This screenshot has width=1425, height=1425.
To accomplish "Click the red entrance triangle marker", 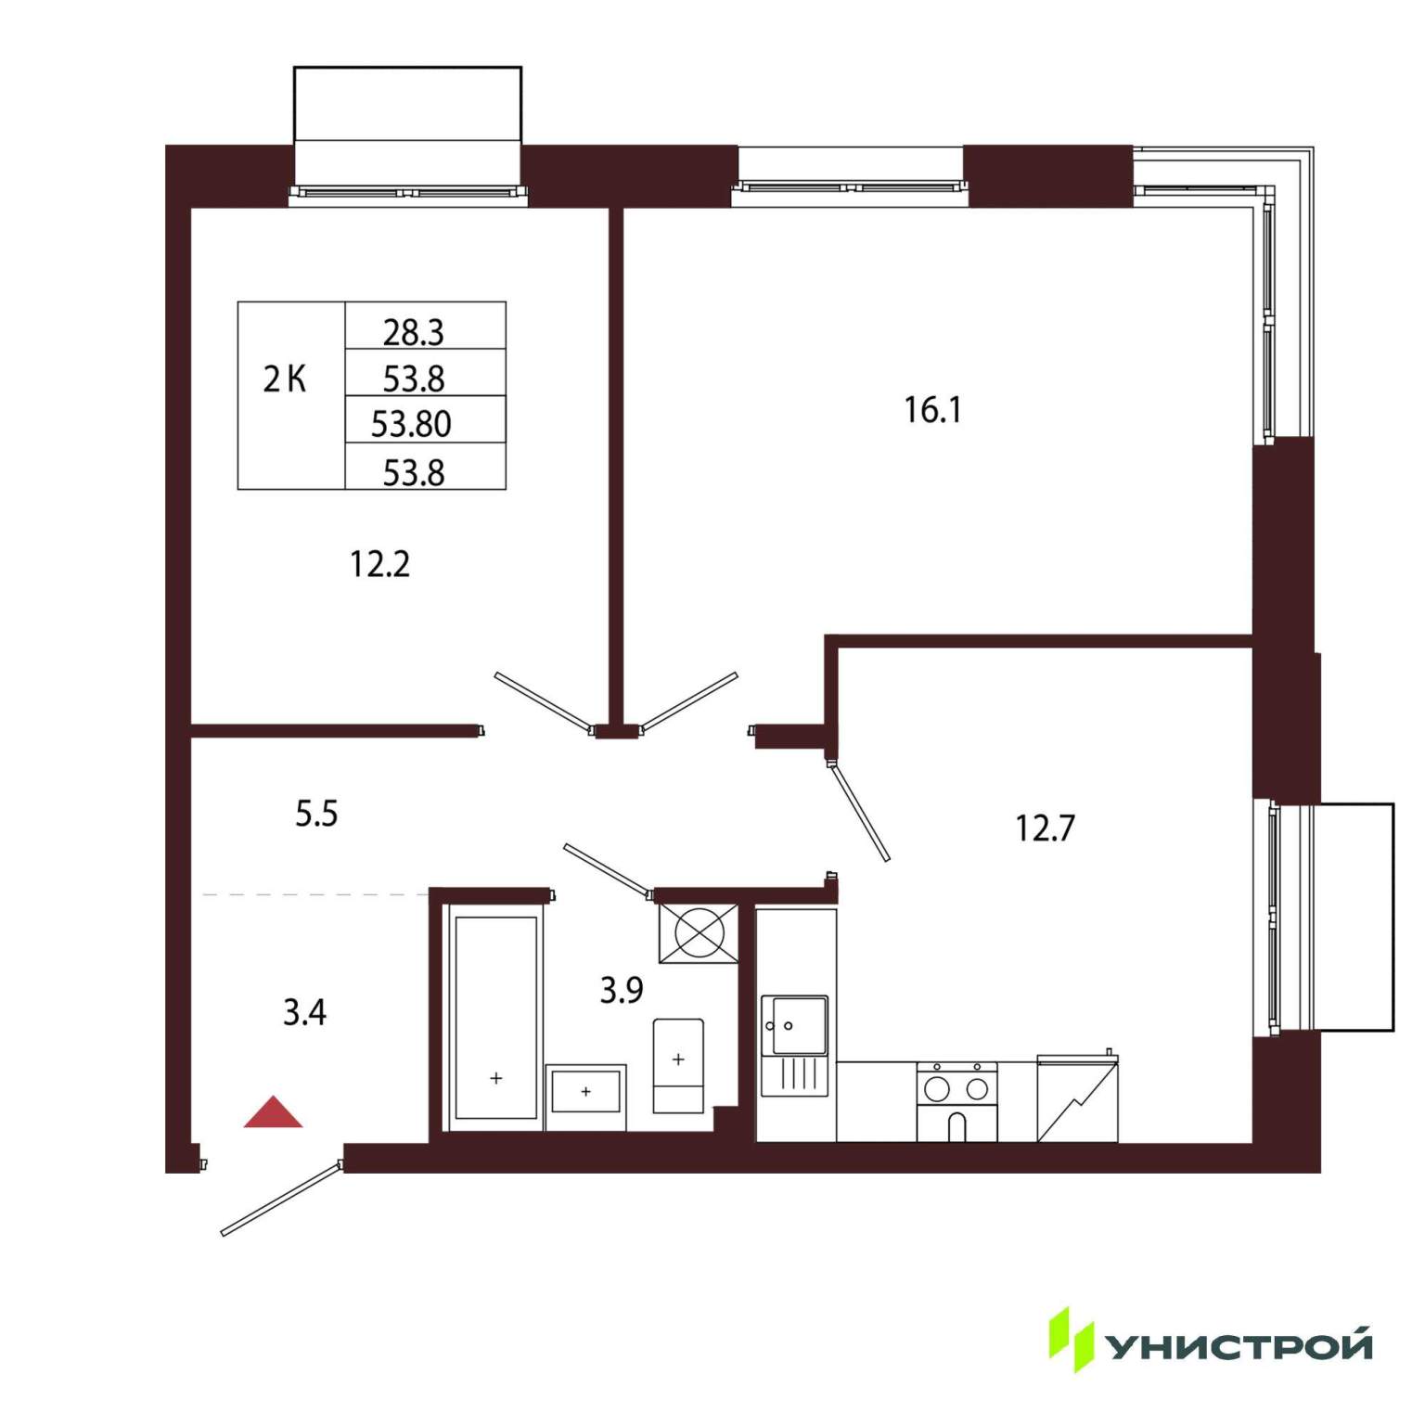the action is [273, 1112].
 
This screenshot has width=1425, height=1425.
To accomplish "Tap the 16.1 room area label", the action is [933, 409].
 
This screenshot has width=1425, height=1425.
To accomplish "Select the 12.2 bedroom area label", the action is [379, 564].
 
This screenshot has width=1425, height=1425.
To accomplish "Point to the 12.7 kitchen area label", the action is [1046, 828].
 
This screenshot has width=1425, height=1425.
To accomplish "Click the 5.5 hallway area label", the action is [316, 814].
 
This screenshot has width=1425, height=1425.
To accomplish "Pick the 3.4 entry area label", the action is [304, 1012].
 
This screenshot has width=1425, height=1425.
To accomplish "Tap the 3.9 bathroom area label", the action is [622, 990].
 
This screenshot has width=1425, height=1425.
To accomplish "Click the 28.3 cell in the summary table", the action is [414, 331].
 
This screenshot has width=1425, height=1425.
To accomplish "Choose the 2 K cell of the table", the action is [285, 379].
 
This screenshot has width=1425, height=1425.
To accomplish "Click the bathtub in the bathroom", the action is [496, 1018].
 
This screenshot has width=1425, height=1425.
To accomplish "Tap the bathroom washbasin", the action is [585, 1090].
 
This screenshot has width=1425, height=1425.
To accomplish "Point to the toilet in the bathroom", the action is [678, 1066].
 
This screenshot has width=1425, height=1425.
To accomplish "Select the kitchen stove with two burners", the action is [957, 1102].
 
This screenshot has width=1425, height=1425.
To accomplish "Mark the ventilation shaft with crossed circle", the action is [699, 933].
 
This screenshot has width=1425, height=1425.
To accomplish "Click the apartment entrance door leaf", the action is [281, 1199].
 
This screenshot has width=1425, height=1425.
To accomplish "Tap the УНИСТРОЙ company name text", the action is [1240, 1345].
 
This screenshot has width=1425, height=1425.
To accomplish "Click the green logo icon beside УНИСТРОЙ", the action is [1072, 1340].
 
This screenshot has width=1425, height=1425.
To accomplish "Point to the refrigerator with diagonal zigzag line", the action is [1077, 1098].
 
